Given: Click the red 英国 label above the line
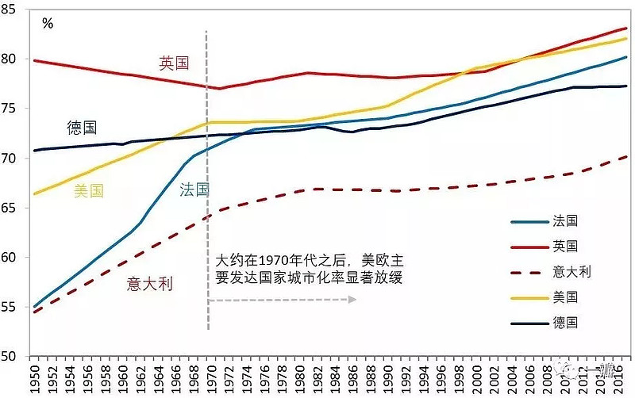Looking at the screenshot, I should pyautogui.click(x=174, y=63).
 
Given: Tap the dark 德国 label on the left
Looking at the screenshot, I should pyautogui.click(x=82, y=127).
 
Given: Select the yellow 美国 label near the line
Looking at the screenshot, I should pyautogui.click(x=89, y=190).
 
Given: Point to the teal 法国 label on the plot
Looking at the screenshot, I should pyautogui.click(x=194, y=189).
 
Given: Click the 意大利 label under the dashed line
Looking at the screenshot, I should pyautogui.click(x=150, y=283).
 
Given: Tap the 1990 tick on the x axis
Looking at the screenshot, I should pyautogui.click(x=388, y=379).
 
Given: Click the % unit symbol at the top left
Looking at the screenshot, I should pyautogui.click(x=48, y=24).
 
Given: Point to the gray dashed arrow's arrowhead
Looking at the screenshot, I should pyautogui.click(x=352, y=300).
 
